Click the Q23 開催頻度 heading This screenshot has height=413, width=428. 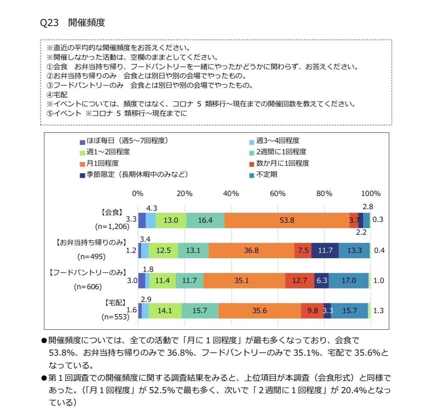click(73, 23)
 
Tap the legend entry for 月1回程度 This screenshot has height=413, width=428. click(103, 163)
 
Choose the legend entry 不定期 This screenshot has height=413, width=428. click(266, 174)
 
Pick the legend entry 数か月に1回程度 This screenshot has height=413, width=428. click(282, 163)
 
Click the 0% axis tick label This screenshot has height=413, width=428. click(137, 194)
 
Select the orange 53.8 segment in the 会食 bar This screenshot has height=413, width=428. click(287, 220)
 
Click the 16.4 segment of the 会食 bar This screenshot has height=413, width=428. click(205, 220)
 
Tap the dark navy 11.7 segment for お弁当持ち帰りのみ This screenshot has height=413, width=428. click(325, 250)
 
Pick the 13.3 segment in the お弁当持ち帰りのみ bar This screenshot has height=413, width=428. click(354, 250)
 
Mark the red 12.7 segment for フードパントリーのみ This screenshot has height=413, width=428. click(299, 281)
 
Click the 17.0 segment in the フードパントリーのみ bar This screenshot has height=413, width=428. click(348, 281)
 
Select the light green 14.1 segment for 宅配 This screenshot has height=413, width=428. click(165, 311)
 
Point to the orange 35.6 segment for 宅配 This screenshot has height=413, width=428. click(260, 311)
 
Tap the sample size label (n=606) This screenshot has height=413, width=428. click(87, 287)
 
